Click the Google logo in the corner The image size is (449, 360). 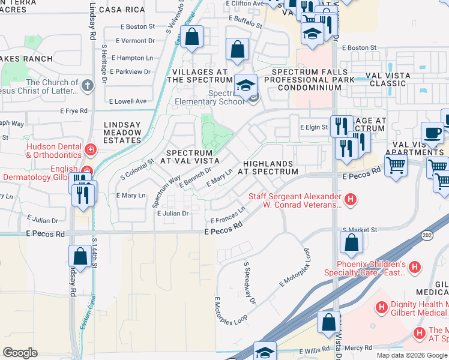click(x=20, y=352)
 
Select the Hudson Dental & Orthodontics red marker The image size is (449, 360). click(x=90, y=149)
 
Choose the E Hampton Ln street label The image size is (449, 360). click(x=132, y=58)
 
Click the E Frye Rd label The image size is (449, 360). click(x=74, y=111)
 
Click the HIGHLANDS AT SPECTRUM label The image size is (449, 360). click(x=268, y=167)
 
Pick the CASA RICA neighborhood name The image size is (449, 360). click(x=122, y=10)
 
